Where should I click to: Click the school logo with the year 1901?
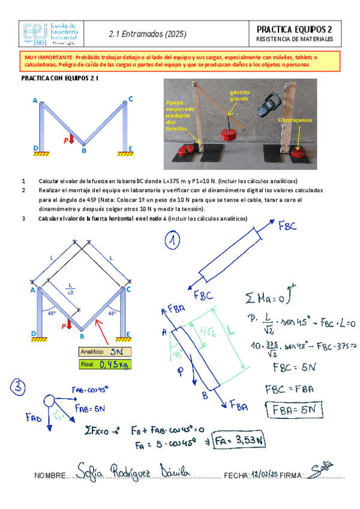(50, 34)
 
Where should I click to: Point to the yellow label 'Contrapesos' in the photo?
(295, 121)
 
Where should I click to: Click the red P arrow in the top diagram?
(72, 140)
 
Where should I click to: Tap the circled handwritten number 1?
(173, 241)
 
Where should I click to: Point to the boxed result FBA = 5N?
(296, 411)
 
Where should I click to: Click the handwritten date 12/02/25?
(265, 475)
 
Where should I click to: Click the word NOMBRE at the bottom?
(50, 476)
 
